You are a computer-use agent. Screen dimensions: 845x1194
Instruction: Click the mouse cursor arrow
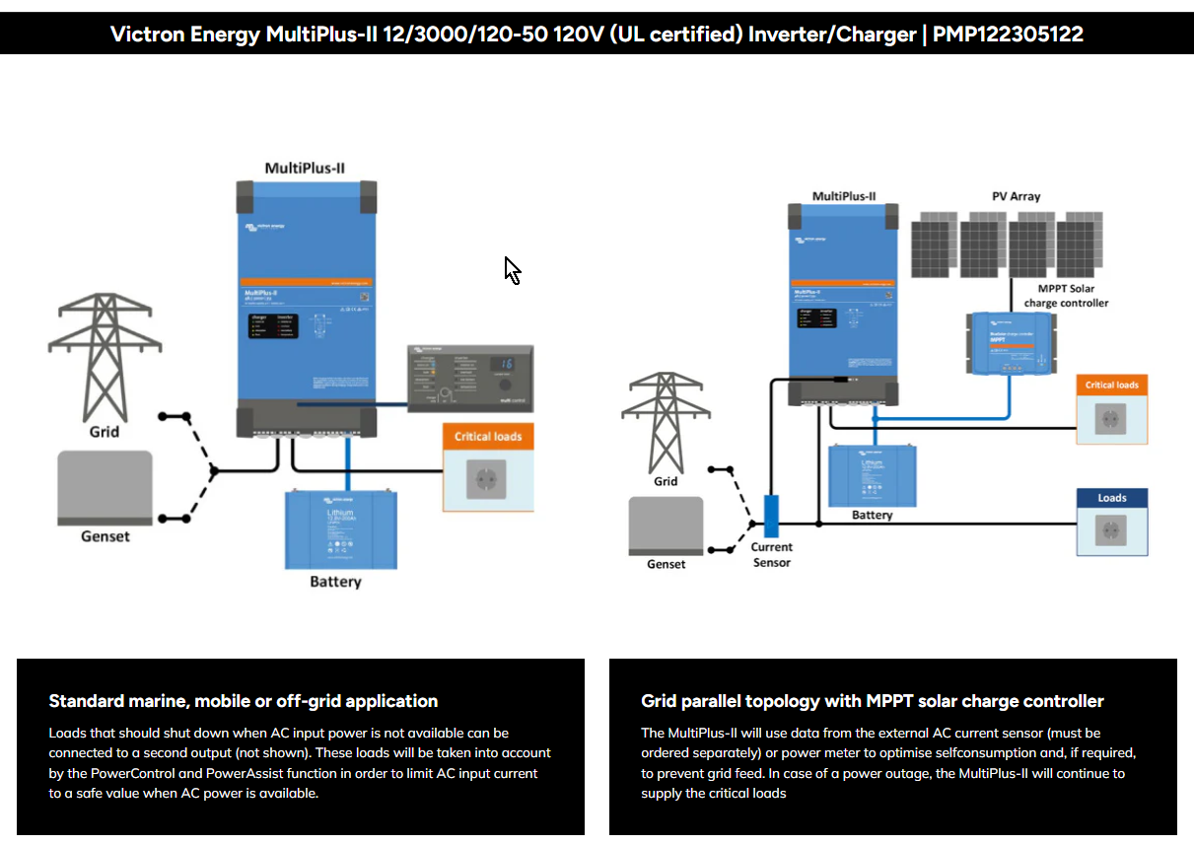tap(512, 269)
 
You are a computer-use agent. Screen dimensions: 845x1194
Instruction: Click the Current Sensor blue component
tap(772, 516)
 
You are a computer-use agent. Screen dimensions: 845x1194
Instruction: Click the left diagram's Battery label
tap(335, 582)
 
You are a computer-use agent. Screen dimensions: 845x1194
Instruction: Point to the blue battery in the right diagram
tap(873, 475)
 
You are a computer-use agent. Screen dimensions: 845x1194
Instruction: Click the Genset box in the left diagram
tap(105, 487)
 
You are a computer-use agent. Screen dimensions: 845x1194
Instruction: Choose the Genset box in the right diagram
tap(666, 526)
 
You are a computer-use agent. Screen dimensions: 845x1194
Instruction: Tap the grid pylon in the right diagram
tap(666, 419)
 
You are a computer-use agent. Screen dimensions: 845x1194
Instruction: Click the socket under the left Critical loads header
tap(487, 479)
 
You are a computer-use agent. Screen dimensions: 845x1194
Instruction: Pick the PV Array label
tap(1016, 196)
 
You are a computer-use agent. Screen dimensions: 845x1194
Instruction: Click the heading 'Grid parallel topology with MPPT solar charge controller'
tap(873, 701)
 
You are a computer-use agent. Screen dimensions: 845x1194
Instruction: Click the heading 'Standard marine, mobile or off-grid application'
tap(244, 701)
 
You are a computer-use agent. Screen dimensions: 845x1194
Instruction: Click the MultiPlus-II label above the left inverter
tap(305, 168)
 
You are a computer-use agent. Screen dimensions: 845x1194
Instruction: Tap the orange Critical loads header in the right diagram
tap(1111, 385)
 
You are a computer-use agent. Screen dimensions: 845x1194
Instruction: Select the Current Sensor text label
tap(772, 554)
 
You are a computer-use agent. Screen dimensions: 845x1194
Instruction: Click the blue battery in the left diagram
tap(341, 528)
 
